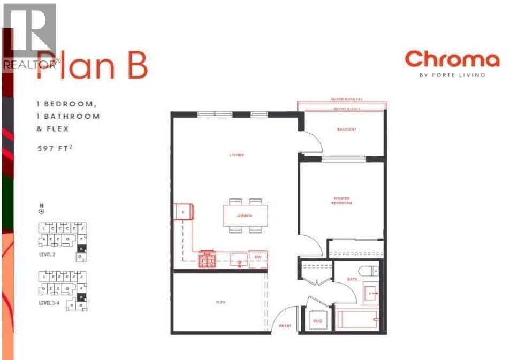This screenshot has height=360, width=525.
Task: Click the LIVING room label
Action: pos(236,155)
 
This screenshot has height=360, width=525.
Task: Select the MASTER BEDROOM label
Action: pos(341,201)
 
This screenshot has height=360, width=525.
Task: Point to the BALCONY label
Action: pos(346,129)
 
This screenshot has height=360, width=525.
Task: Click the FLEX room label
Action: pos(220,302)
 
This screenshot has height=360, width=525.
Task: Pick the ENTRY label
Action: pos(285,326)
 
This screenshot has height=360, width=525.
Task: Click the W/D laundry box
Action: pos(316,321)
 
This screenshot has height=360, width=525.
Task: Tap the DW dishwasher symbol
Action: pos(258,258)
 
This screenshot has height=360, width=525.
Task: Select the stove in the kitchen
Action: pos(207,259)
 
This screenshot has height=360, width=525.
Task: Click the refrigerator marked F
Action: pos(184,212)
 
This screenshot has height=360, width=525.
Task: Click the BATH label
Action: pos(351,279)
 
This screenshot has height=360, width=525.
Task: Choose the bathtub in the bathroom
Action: pos(357,320)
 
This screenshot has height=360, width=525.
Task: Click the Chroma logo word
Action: pos(452,59)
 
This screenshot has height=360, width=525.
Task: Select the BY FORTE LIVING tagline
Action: pos(452,75)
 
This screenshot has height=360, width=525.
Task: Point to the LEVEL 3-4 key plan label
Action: pos(51,303)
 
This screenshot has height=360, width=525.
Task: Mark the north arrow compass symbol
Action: pos(41,210)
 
